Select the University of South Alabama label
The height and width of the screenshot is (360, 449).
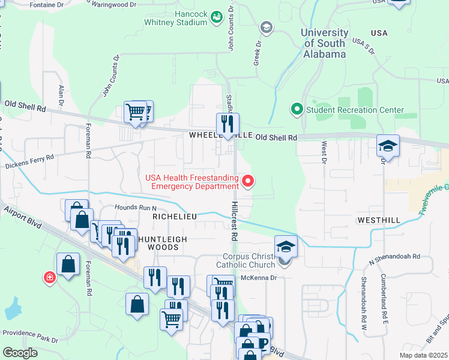pos(325,43)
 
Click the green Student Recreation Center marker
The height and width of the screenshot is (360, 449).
pos(296,109)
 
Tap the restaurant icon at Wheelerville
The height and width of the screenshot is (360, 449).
pos(228,124)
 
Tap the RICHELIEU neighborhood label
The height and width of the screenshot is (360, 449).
pos(175,215)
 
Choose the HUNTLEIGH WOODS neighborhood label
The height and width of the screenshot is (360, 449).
pos(158,242)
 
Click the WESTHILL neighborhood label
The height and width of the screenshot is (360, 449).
pos(378,220)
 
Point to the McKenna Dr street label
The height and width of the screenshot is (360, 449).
pos(257,277)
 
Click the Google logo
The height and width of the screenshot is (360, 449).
pos(20,353)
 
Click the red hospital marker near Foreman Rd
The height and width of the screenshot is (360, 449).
pos(49,278)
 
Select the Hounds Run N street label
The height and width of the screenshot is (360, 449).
pos(132,208)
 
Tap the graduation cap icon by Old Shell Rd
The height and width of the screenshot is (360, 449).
pos(388,146)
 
